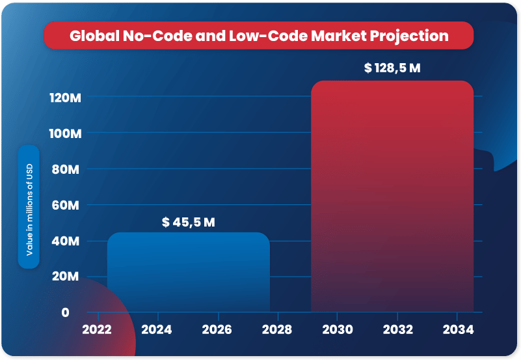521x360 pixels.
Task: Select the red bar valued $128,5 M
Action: click(392, 195)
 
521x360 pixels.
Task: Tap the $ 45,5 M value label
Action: click(189, 222)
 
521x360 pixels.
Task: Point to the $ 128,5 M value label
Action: click(392, 68)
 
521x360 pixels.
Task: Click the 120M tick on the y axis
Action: click(64, 98)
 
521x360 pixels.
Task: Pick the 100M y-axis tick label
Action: click(64, 133)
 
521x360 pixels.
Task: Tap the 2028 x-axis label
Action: click(276, 330)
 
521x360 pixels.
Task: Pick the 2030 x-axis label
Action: click(337, 330)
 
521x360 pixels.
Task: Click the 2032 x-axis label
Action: click(397, 330)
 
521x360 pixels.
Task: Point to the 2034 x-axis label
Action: click(458, 330)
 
